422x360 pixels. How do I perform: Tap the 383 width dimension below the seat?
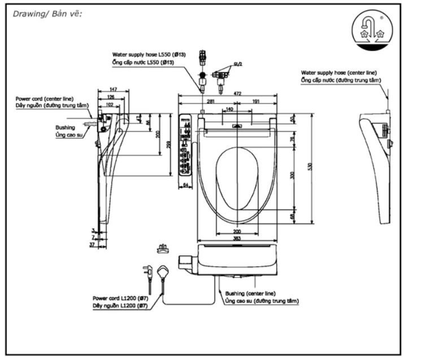[x=237, y=238]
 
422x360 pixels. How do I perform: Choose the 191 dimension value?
[x=255, y=101]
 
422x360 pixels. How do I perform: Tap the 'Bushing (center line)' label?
[x=250, y=293]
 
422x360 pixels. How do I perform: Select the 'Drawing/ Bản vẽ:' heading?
[x=47, y=14]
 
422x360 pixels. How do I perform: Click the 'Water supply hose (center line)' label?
[x=339, y=73]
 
